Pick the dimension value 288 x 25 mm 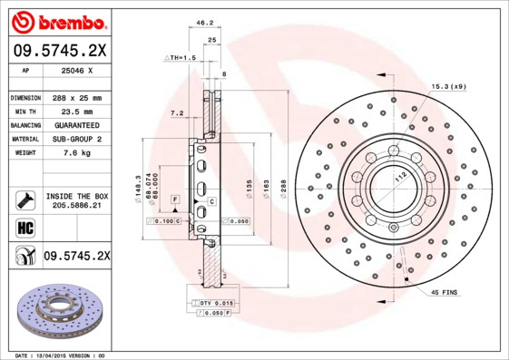pyautogui.click(x=77, y=97)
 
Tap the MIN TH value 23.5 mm pyautogui.click(x=77, y=111)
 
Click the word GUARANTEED pyautogui.click(x=77, y=124)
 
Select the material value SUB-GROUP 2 pyautogui.click(x=77, y=139)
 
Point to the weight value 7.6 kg pyautogui.click(x=77, y=152)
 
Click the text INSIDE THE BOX pyautogui.click(x=77, y=195)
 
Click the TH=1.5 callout pyautogui.click(x=181, y=57)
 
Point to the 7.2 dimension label pyautogui.click(x=177, y=113)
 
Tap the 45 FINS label pyautogui.click(x=445, y=292)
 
